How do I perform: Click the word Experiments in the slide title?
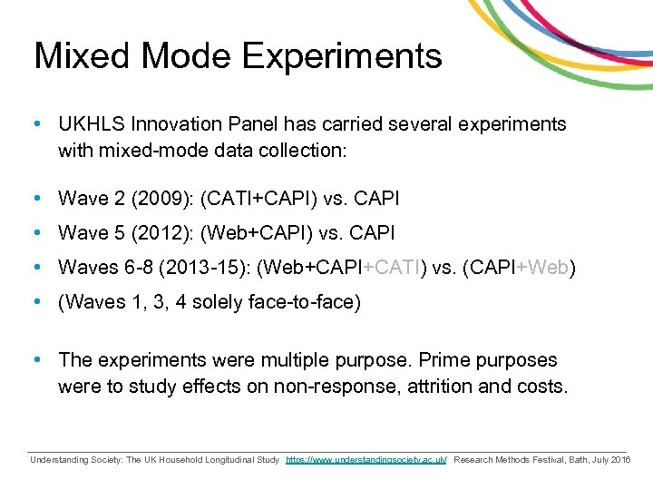point(342,56)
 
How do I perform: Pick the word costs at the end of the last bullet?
point(542,387)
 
